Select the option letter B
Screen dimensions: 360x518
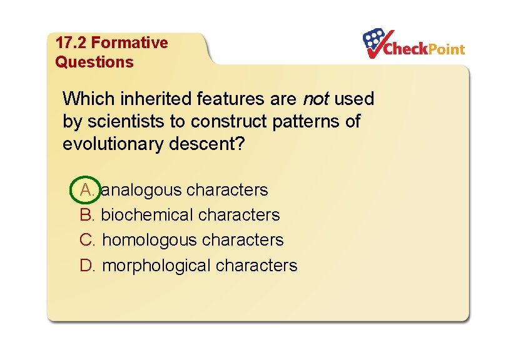pos(87,215)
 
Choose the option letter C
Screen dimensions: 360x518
pos(87,240)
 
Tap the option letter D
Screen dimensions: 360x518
pos(87,266)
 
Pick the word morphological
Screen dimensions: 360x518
pos(156,266)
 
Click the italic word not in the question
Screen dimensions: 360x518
pos(316,99)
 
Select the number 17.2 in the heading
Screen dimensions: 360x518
pos(71,43)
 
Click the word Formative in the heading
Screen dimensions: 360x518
pos(129,43)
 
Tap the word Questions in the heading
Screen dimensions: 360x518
pos(94,62)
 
